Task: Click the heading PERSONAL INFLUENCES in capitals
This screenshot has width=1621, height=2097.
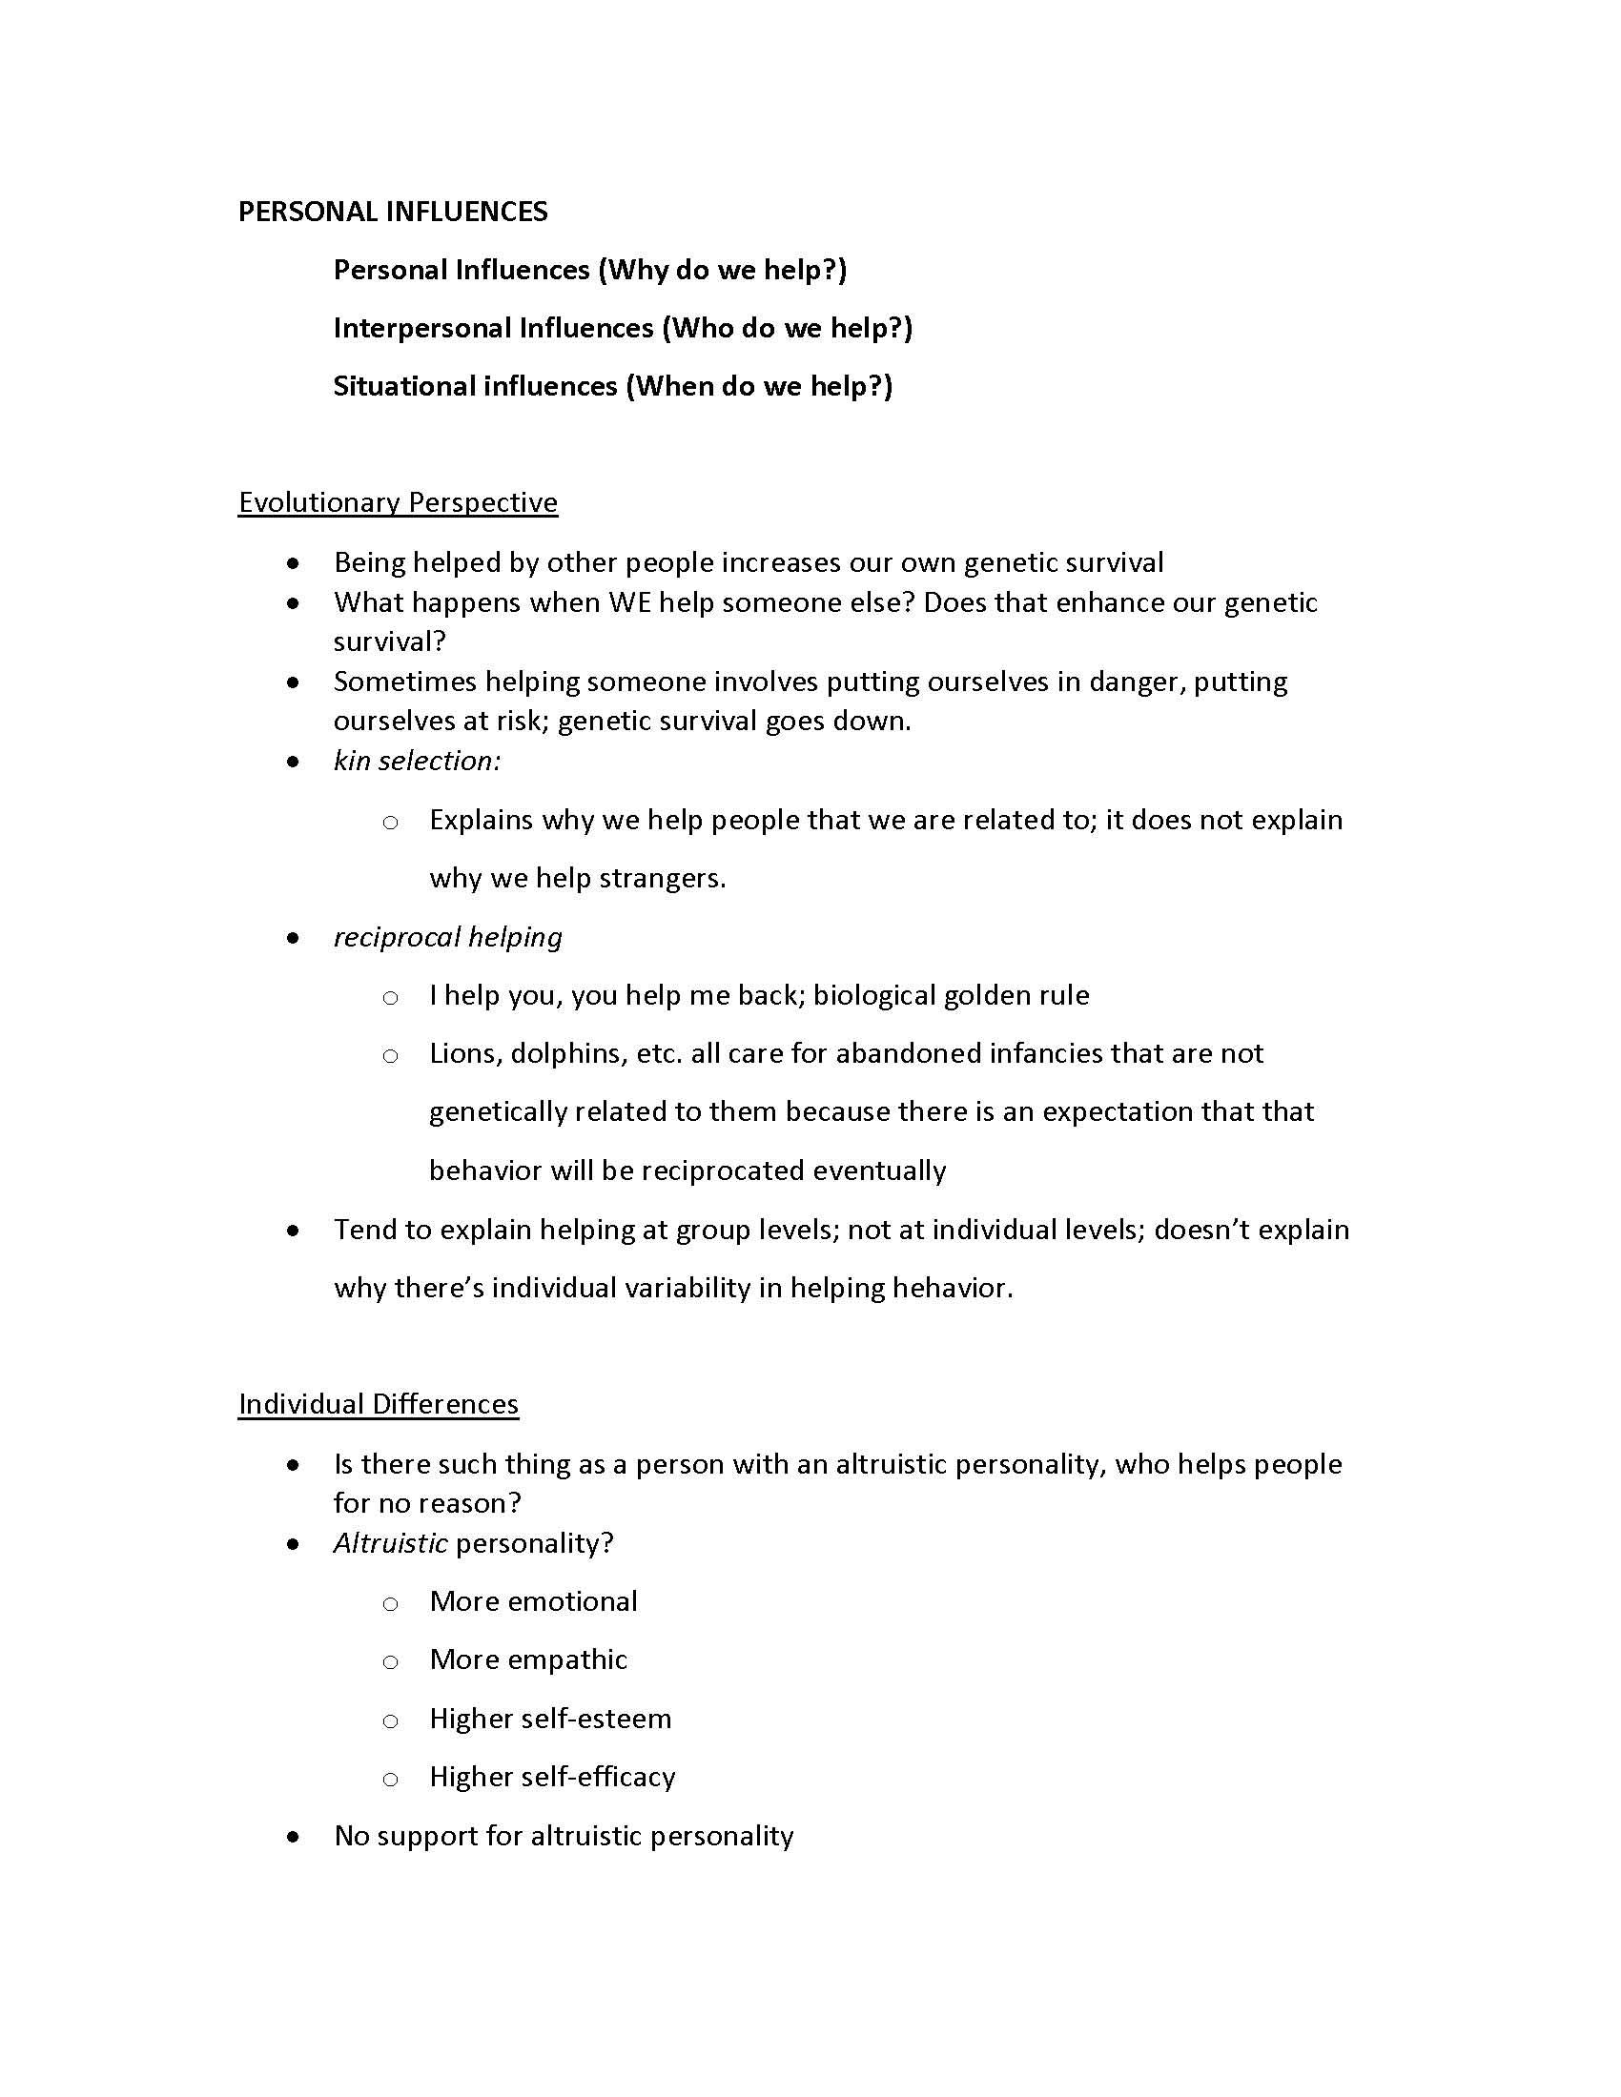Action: (x=393, y=213)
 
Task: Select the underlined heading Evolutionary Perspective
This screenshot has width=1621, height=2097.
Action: (x=398, y=502)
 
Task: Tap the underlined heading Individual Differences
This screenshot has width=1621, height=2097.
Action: (x=379, y=1404)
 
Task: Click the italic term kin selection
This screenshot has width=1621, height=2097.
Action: (x=417, y=761)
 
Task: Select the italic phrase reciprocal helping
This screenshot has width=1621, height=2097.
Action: (x=447, y=937)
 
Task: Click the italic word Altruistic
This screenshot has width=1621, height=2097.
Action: (x=390, y=1543)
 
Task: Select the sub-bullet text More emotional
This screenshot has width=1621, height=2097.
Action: (x=533, y=1601)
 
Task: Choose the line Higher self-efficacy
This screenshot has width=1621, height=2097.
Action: (x=552, y=1778)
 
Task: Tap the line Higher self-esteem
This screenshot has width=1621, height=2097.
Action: (x=550, y=1719)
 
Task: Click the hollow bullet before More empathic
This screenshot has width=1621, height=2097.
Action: (x=390, y=1662)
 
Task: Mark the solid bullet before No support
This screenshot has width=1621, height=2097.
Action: (x=294, y=1837)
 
